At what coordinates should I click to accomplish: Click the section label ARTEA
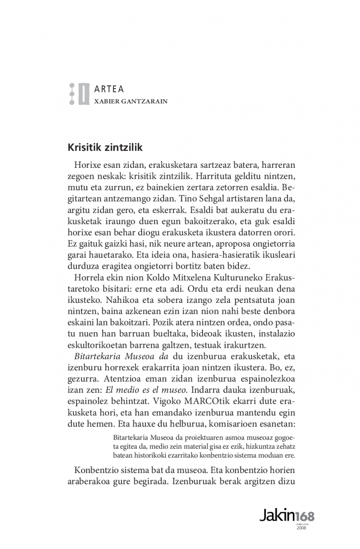point(109,89)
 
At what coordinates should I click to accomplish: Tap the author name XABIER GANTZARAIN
point(130,101)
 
